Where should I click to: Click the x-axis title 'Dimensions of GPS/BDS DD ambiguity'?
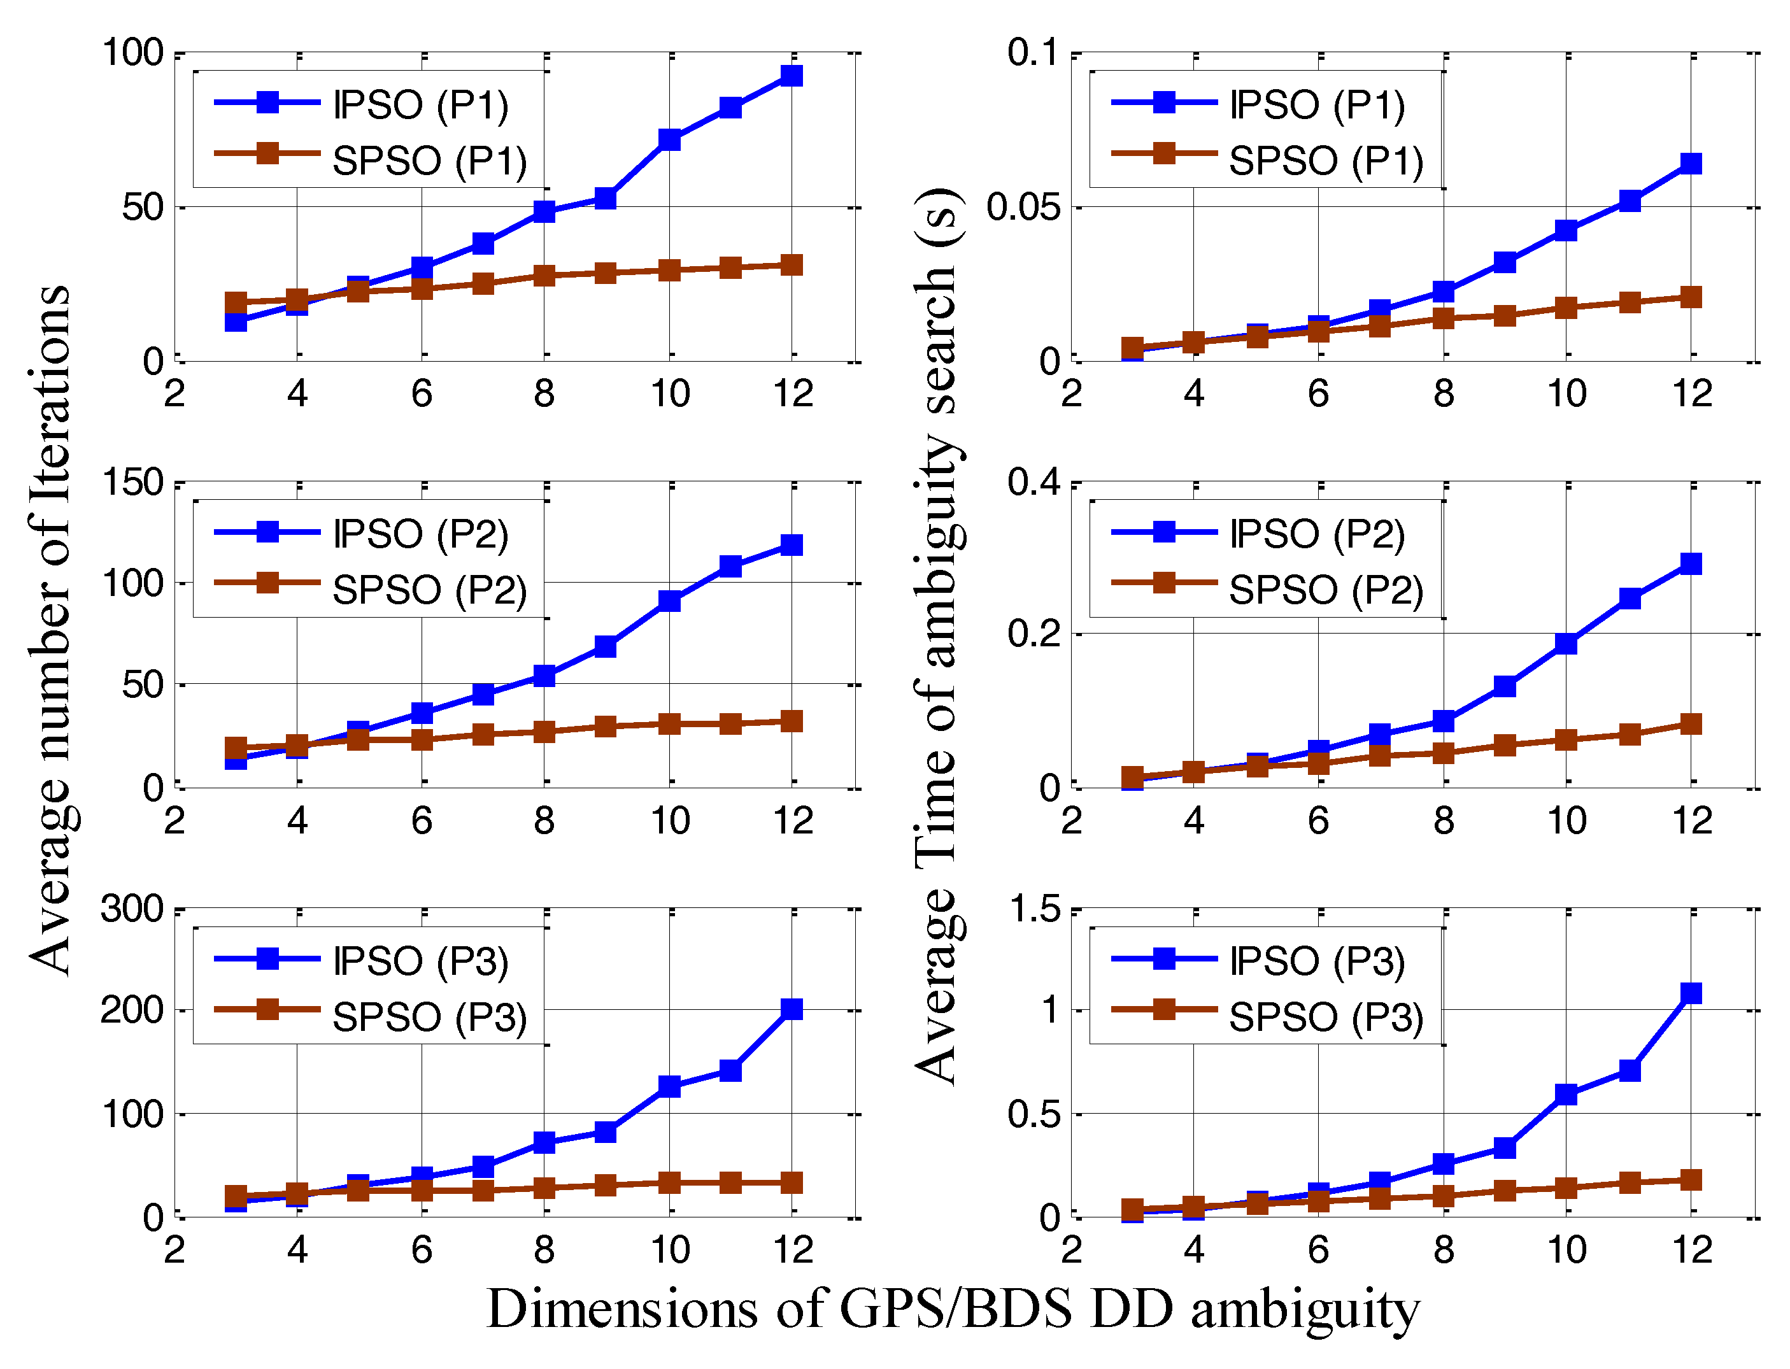[x=953, y=1310]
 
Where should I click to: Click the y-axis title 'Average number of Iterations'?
[x=50, y=632]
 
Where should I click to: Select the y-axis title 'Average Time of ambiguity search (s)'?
[x=937, y=635]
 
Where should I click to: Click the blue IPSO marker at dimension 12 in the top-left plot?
[x=791, y=76]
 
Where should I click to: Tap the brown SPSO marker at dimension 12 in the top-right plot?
[x=1691, y=297]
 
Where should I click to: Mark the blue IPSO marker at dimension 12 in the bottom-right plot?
[x=1691, y=993]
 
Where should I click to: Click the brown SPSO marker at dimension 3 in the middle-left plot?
[x=236, y=748]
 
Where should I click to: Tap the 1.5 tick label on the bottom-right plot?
[x=1035, y=909]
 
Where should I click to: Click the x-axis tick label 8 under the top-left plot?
[x=544, y=394]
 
